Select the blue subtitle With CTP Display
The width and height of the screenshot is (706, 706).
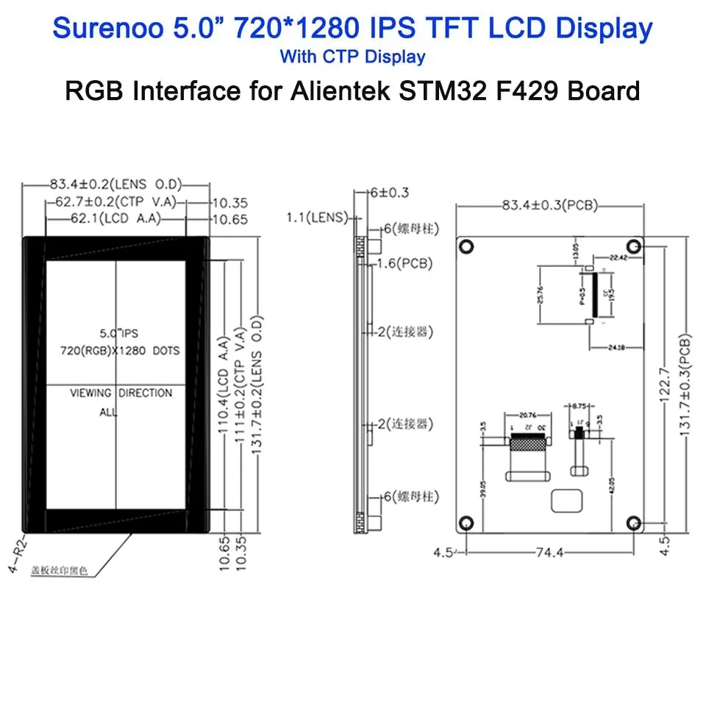[x=352, y=57]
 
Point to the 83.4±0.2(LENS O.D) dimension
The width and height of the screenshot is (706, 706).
[x=115, y=184]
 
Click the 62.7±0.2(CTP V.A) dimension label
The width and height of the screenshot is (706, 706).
[x=118, y=202]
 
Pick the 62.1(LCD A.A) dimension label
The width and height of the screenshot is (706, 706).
[x=116, y=219]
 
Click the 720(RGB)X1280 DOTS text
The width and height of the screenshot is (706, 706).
[x=120, y=351]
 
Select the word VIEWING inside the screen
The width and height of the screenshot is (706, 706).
[x=90, y=393]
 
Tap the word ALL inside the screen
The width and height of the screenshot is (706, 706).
[x=108, y=413]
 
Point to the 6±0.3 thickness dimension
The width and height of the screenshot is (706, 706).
[x=390, y=193]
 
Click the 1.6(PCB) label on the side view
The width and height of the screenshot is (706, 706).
[x=404, y=263]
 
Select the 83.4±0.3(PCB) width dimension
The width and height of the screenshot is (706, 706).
[x=549, y=205]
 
